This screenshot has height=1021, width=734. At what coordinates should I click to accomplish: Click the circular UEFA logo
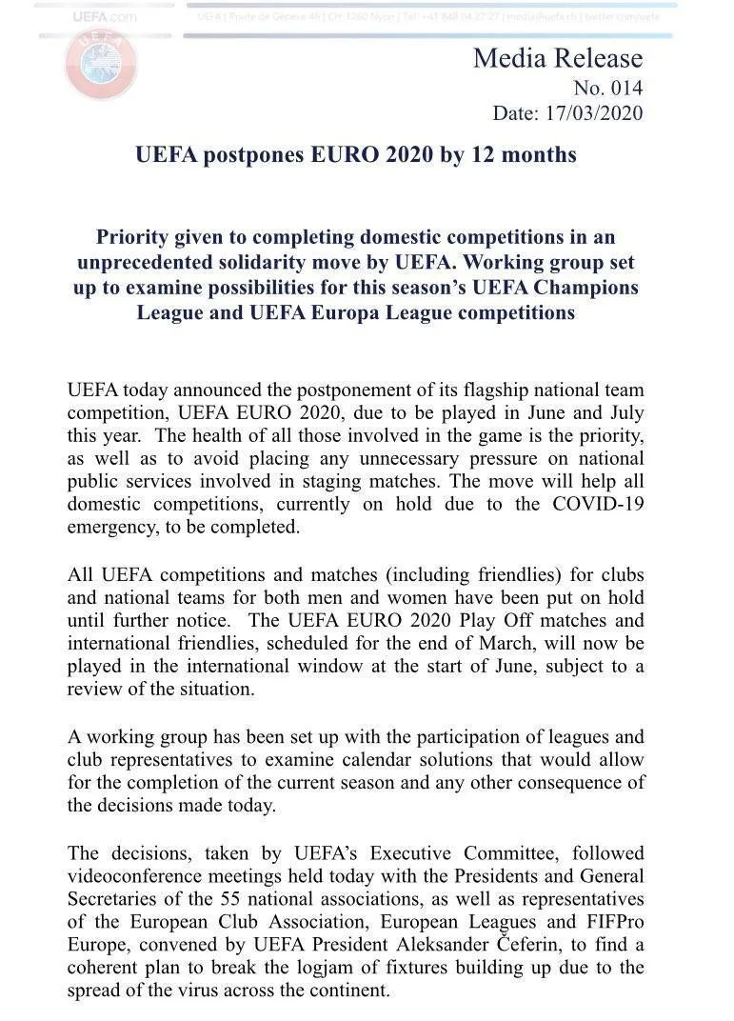coord(101,63)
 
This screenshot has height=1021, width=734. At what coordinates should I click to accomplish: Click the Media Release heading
coord(558,59)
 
